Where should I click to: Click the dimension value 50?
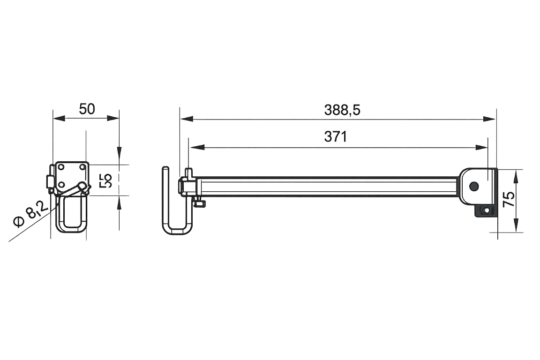coord(87,110)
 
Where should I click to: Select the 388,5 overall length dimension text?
coord(342,110)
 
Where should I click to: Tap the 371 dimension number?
coord(335,137)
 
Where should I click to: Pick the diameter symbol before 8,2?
coord(19,222)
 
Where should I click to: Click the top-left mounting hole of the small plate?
coord(60,166)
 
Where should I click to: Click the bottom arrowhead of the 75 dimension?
coord(517,225)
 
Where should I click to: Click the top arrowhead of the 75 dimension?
coord(517,176)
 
